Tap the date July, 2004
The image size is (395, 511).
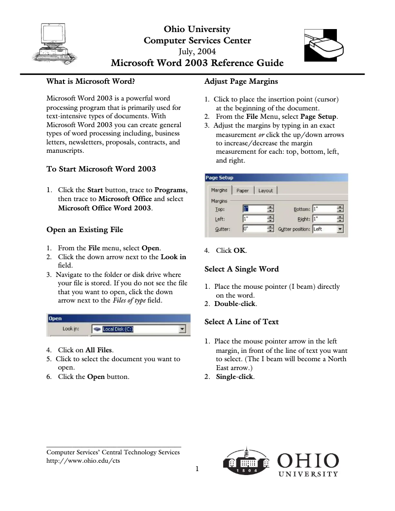[x=197, y=51]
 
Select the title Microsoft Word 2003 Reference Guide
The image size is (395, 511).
[x=197, y=63]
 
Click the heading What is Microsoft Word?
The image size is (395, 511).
[x=91, y=81]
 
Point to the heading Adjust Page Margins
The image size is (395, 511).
[x=241, y=81]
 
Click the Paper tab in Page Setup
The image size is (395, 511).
[x=242, y=190]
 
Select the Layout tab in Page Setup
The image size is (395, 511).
[x=265, y=190]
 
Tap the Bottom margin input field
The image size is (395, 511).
[x=324, y=208]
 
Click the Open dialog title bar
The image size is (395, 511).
[x=118, y=318]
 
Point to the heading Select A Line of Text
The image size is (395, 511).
[x=241, y=322]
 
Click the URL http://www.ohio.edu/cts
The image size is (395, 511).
[x=83, y=461]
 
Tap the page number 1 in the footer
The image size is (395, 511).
[x=197, y=469]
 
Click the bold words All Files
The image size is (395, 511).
[x=99, y=350]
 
